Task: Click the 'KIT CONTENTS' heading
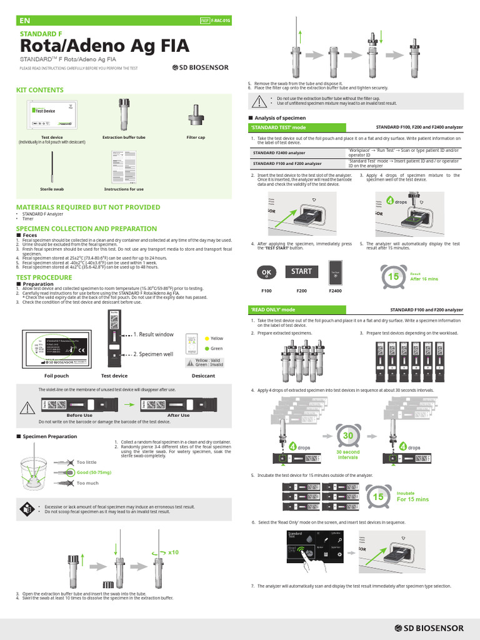click(39, 90)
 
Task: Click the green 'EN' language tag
click(25, 21)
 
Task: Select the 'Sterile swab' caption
click(52, 189)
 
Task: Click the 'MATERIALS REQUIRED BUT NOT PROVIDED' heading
click(87, 207)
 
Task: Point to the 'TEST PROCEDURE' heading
click(44, 277)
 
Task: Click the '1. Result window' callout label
click(153, 334)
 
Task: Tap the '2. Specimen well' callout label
click(153, 354)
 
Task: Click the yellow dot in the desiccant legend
click(206, 338)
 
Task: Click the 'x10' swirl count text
click(173, 552)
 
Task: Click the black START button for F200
click(301, 272)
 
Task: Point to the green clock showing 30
click(347, 436)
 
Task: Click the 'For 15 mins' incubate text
click(412, 499)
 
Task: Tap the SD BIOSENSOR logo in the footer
click(429, 627)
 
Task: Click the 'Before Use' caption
click(79, 415)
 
